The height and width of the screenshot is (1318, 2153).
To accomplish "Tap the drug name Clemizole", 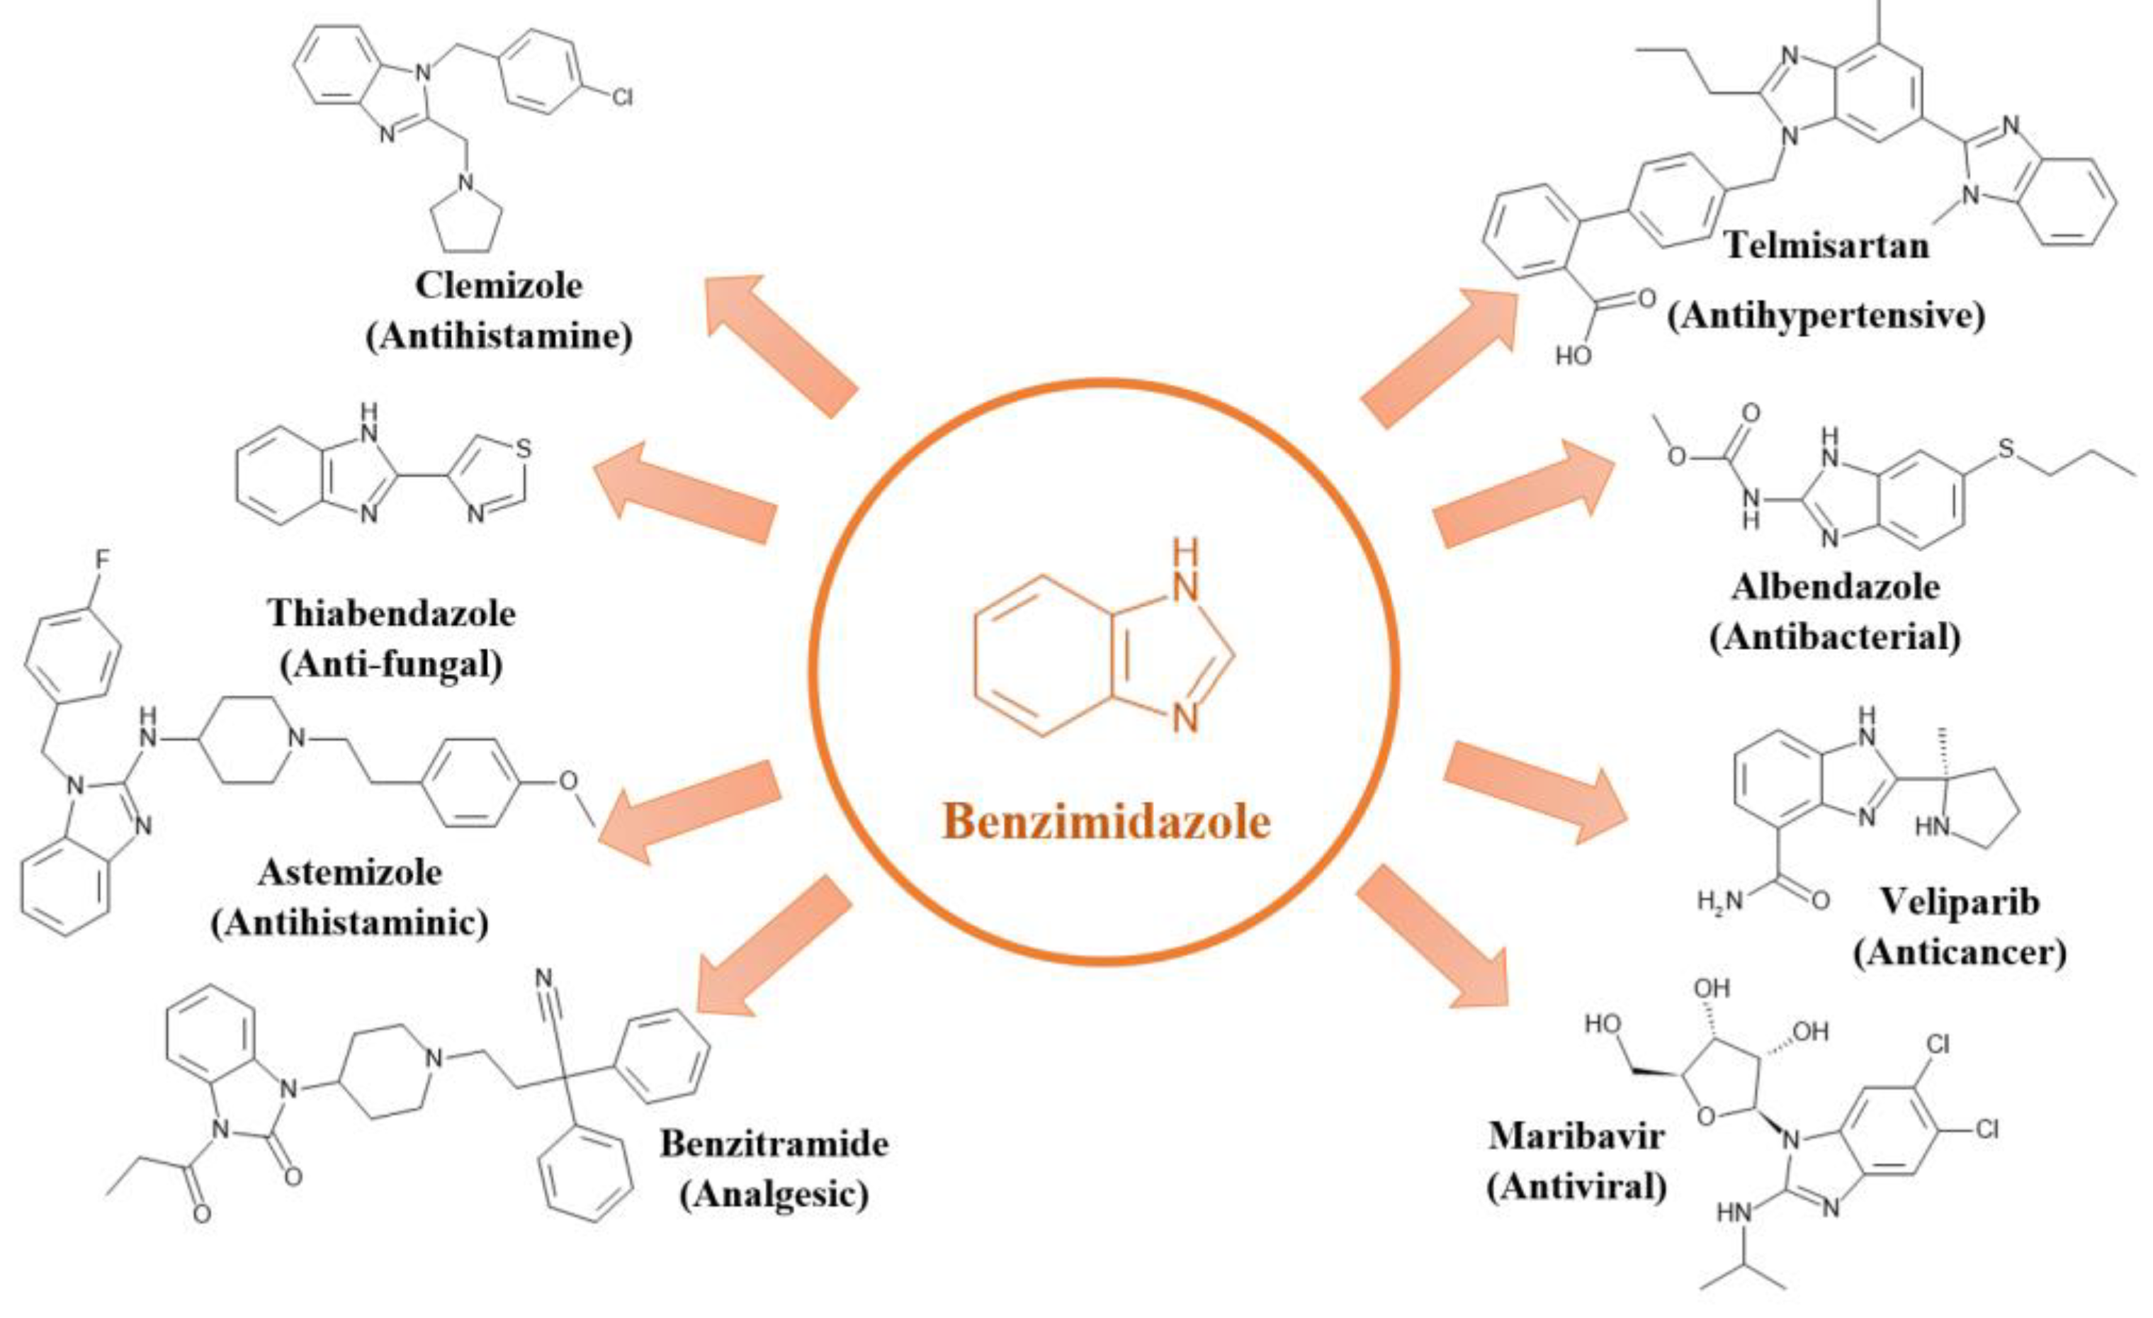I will click(498, 285).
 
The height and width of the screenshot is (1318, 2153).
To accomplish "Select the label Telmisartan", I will click(1827, 244).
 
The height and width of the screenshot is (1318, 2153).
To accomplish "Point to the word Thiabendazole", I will click(392, 614).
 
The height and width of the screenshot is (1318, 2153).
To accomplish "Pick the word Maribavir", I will click(1576, 1135).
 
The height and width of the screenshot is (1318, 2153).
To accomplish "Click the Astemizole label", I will click(349, 872).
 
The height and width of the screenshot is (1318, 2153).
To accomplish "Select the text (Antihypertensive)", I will click(1826, 315).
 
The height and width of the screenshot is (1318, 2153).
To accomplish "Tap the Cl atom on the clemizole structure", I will click(621, 96).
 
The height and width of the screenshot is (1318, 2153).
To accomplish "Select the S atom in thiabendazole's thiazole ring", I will click(524, 449).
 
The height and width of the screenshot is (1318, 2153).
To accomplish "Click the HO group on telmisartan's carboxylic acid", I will click(1573, 356).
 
